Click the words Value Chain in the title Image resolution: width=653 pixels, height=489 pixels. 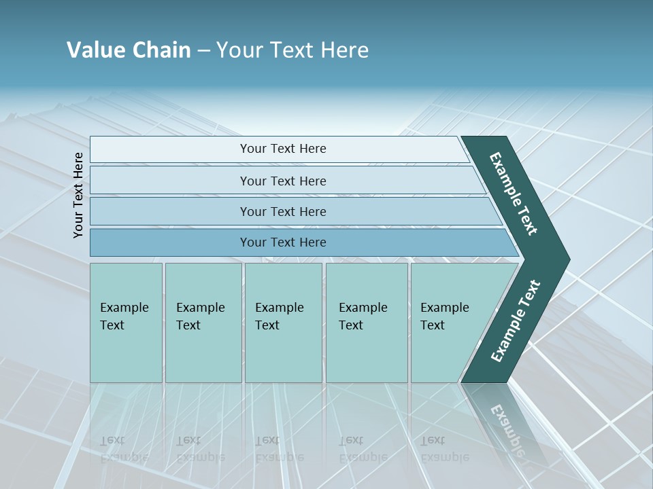[129, 50]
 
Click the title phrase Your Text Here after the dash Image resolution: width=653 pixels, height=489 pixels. [292, 50]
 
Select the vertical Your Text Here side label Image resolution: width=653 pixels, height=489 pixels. [78, 195]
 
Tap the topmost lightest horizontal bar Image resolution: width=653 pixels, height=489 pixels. [282, 149]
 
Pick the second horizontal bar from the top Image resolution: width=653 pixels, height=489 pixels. [282, 181]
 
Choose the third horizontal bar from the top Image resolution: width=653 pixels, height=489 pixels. [282, 211]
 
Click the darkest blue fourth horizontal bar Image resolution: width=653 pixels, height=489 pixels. [282, 242]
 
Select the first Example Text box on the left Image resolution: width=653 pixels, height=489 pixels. [126, 323]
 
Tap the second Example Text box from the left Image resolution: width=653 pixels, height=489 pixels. [203, 323]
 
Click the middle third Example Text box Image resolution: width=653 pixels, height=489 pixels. [282, 323]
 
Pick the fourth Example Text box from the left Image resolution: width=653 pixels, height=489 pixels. [366, 323]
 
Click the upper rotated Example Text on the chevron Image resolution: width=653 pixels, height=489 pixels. [514, 194]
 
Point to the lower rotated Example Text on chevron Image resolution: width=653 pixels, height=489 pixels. [515, 321]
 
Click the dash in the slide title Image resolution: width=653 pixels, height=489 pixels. [203, 51]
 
